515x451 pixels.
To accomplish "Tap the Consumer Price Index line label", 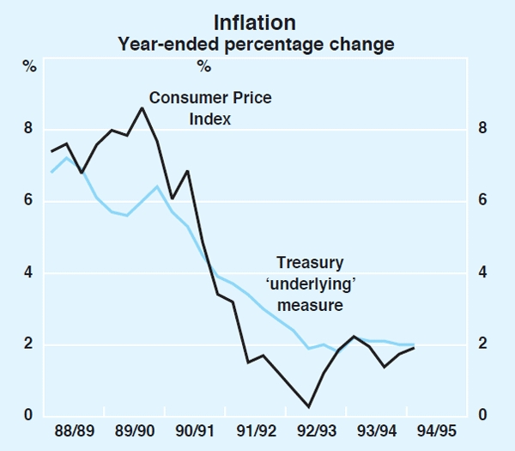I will pos(210,108).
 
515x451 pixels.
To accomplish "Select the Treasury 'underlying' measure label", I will pos(310,283).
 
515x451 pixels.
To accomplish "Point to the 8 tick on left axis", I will pos(27,129).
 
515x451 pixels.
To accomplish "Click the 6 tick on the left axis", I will pos(27,201).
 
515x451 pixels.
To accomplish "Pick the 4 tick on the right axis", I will pos(483,272).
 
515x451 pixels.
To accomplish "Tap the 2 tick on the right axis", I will pos(483,344).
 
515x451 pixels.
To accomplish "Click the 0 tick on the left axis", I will pos(27,417).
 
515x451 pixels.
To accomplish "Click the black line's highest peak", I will pos(142,108).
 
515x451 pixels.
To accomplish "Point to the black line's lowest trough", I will pos(309,406).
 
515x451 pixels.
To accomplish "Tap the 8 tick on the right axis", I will pos(483,129).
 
